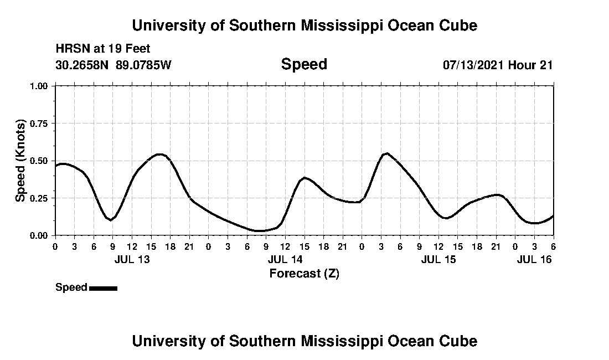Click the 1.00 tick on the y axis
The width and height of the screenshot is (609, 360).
point(40,86)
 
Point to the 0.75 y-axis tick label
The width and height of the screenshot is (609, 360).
point(40,124)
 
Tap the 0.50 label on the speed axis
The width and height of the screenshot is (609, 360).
point(40,161)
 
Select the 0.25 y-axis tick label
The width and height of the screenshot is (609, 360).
point(40,198)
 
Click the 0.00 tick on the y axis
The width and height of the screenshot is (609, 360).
point(40,235)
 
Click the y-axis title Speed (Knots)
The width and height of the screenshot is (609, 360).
point(20,161)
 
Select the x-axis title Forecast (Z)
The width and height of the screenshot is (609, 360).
point(304,273)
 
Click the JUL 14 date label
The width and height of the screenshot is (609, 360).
point(285,259)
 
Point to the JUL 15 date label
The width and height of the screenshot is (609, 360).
point(438,259)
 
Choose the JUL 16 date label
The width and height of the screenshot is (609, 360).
point(534,259)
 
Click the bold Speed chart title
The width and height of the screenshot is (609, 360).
point(304,64)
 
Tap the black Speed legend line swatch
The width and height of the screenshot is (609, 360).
point(103,288)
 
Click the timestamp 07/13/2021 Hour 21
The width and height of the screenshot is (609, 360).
point(497,65)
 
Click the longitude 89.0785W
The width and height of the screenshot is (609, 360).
point(144,65)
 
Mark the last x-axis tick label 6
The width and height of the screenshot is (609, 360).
point(553,246)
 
